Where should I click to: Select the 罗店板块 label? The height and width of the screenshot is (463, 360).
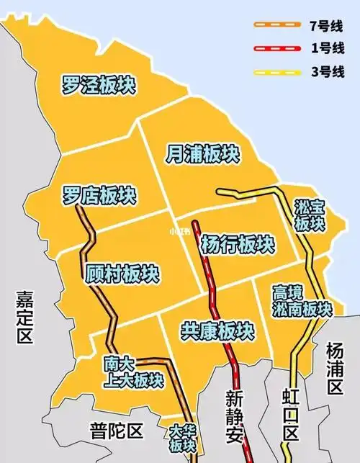99,194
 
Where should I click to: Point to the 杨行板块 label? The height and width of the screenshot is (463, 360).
237,243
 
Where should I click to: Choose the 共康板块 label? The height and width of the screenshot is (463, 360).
216,331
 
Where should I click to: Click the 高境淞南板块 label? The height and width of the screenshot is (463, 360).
302,301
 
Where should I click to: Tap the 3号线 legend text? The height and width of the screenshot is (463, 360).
323,72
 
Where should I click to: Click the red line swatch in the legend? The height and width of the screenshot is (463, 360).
276,48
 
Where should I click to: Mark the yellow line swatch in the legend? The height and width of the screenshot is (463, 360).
276,72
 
